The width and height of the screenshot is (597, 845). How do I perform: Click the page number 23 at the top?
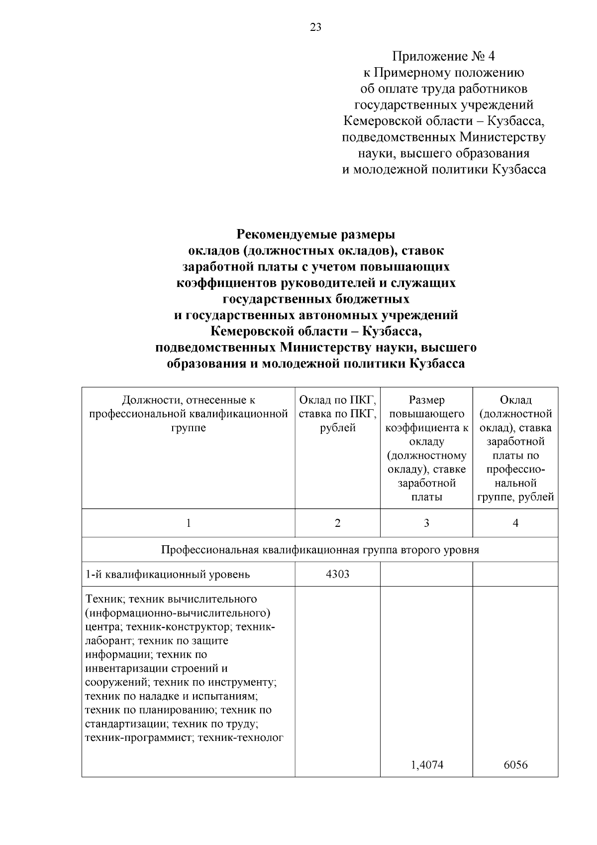(x=316, y=27)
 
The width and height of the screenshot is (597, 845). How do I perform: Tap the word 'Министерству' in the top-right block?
(x=502, y=137)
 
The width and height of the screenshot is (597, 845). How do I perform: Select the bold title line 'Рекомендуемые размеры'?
(x=316, y=234)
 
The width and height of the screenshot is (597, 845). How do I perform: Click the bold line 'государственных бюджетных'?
(x=316, y=299)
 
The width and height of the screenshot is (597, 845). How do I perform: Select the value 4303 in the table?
(x=337, y=574)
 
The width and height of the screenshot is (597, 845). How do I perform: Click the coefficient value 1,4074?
(x=426, y=765)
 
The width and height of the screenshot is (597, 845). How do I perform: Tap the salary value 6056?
(x=515, y=765)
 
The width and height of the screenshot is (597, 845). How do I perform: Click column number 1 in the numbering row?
(x=189, y=523)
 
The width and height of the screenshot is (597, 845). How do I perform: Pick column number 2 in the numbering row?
(x=337, y=523)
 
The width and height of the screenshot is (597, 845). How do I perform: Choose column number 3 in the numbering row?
(x=426, y=523)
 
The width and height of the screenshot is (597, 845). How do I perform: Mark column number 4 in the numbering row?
(x=515, y=523)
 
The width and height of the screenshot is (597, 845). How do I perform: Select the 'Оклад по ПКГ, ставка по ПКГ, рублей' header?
(x=337, y=414)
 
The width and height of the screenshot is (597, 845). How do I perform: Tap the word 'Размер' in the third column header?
(x=426, y=400)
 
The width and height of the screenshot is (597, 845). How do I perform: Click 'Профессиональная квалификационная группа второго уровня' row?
(x=320, y=550)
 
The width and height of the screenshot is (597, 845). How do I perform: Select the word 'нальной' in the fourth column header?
(x=515, y=483)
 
